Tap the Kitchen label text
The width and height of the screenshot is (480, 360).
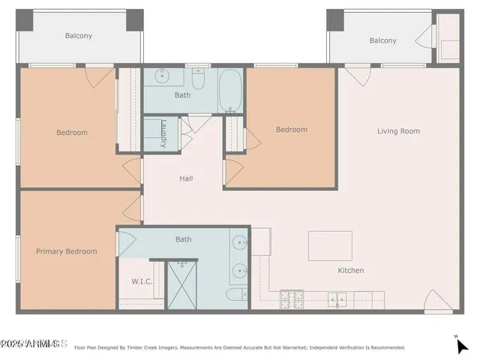pyautogui.click(x=350, y=270)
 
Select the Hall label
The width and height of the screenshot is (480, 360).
pyautogui.click(x=186, y=178)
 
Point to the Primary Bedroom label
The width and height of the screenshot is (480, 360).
pyautogui.click(x=67, y=251)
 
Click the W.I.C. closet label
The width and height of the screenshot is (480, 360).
pyautogui.click(x=132, y=281)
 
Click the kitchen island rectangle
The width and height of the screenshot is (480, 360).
pyautogui.click(x=330, y=245)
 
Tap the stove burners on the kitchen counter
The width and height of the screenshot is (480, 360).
pyautogui.click(x=290, y=299)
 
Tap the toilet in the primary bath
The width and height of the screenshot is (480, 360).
pyautogui.click(x=235, y=295)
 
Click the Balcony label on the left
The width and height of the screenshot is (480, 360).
pyautogui.click(x=79, y=35)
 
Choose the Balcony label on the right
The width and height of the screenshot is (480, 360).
pyautogui.click(x=382, y=40)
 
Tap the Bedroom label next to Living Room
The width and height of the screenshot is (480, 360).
pyautogui.click(x=291, y=130)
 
